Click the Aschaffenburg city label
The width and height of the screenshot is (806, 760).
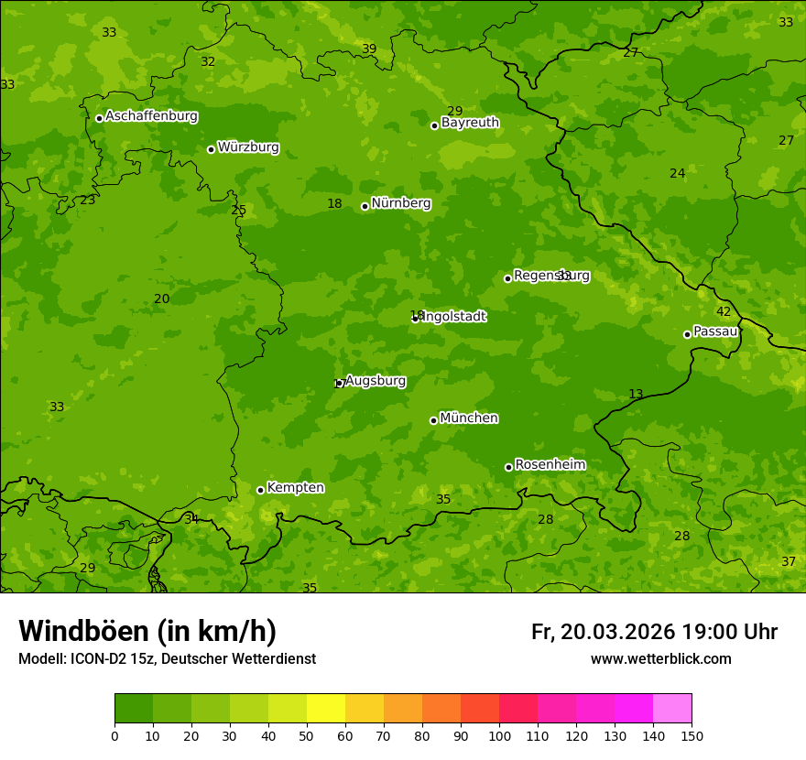(x=151, y=116)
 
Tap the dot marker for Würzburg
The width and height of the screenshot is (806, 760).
(x=211, y=149)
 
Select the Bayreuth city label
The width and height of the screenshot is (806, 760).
(x=470, y=123)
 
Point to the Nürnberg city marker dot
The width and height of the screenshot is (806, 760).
(x=365, y=206)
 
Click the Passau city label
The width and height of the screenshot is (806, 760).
(x=715, y=331)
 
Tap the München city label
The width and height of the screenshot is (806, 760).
(x=469, y=418)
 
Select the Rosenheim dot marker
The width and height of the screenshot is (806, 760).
(x=508, y=467)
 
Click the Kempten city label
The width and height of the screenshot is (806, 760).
(x=295, y=488)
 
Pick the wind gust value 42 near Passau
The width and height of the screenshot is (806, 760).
(x=724, y=312)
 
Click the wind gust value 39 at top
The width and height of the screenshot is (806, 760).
(x=369, y=49)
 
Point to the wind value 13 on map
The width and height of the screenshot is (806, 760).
(x=636, y=395)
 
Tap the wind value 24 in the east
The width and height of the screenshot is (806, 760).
(x=677, y=174)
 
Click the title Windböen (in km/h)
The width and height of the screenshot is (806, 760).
(x=147, y=631)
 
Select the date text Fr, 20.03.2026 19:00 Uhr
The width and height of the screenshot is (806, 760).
(x=654, y=632)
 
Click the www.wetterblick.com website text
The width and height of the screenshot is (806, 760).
(x=660, y=659)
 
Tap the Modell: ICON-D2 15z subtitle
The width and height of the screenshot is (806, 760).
(x=167, y=659)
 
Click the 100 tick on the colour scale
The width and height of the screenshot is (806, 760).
(x=499, y=735)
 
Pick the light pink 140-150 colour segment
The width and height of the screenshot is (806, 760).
(x=672, y=709)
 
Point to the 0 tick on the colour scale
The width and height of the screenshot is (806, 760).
(x=114, y=735)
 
